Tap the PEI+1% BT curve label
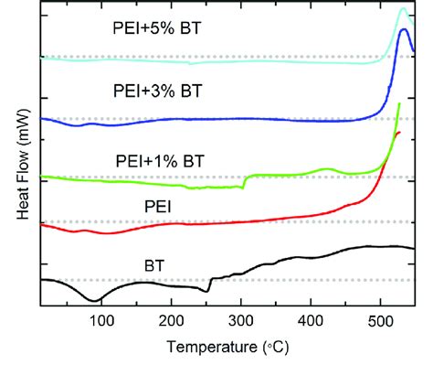(x=160, y=161)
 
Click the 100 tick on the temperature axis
(x=102, y=319)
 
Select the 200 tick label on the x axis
(x=172, y=319)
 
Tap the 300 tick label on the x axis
(x=241, y=319)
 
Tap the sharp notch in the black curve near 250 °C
(x=208, y=291)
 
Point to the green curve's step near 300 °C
(x=244, y=181)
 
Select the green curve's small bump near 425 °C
(x=326, y=169)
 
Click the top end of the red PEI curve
(x=400, y=134)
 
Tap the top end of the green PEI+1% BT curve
(x=399, y=105)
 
